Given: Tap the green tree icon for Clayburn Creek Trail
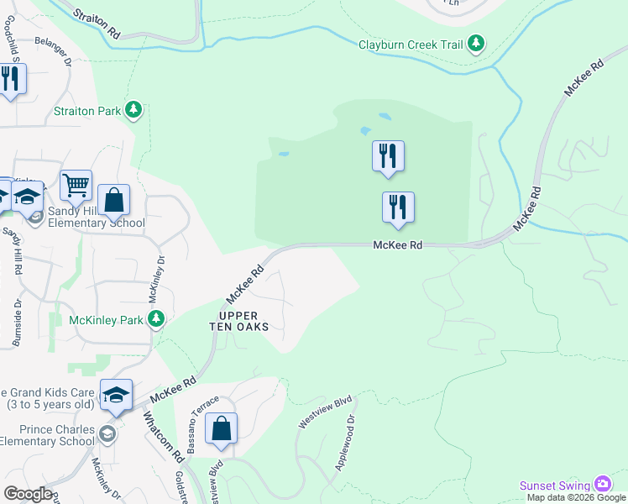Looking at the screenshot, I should pos(477,43).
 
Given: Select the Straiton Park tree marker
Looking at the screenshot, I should pos(133,110).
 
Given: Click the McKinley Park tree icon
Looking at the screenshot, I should pos(155,318).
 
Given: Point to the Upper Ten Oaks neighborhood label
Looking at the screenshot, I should pos(238,320).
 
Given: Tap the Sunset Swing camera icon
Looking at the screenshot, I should pos(602,484).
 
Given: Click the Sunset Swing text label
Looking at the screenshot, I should pos(555,486).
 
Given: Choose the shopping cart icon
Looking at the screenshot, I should pos(76,184).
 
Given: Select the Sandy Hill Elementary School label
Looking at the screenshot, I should pos(96,217).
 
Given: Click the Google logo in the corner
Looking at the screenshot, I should pos(28,494).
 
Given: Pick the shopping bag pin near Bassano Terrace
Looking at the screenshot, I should pos(221,428).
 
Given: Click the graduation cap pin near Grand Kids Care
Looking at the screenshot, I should pos(116,394).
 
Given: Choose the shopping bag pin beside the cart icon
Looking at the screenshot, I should pos(114,200).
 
